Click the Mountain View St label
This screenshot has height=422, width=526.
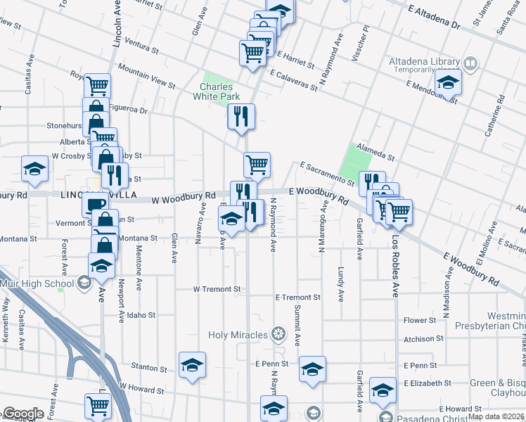tap(146, 75)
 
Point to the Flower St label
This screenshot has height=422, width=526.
tap(421, 321)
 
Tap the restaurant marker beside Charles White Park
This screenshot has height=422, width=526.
tap(241, 116)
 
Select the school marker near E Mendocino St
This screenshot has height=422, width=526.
tap(448, 82)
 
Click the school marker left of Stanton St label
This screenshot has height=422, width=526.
tap(192, 365)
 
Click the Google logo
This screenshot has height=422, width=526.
tap(24, 414)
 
